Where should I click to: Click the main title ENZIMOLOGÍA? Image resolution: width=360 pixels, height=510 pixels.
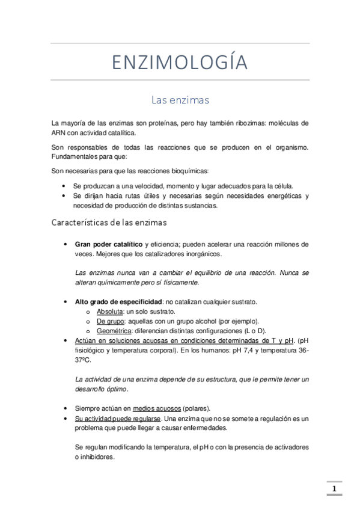point(180,61)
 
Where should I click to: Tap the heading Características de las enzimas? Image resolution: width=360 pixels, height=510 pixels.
point(114,223)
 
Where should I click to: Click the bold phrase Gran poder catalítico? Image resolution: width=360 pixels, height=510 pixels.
point(109,244)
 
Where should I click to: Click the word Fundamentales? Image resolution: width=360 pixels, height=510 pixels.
point(76,157)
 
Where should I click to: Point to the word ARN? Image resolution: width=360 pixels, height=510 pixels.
point(58,133)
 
